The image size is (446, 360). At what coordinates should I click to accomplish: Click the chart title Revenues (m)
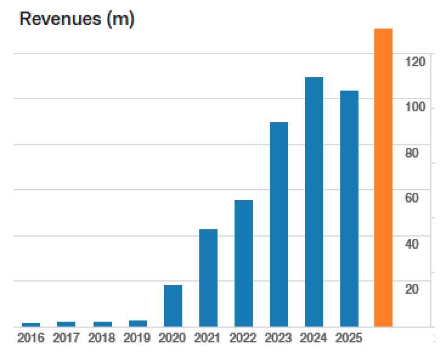77,19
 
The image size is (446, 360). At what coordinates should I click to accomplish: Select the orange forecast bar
383,177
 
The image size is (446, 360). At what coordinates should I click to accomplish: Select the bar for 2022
244,263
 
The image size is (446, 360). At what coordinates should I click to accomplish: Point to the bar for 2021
208,277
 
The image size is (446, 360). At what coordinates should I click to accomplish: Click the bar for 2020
173,305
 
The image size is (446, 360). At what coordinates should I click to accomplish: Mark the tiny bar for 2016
31,324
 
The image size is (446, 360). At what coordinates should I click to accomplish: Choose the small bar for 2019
138,323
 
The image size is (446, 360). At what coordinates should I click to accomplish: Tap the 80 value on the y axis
412,153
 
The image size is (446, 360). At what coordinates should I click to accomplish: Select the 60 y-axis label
412,198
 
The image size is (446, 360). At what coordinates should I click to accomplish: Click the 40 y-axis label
412,244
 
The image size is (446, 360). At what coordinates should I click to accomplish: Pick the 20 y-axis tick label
412,289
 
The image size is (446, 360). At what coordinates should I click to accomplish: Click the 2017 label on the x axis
66,338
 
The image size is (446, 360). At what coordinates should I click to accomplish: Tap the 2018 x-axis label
101,338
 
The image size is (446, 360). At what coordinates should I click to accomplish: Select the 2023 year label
278,338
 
